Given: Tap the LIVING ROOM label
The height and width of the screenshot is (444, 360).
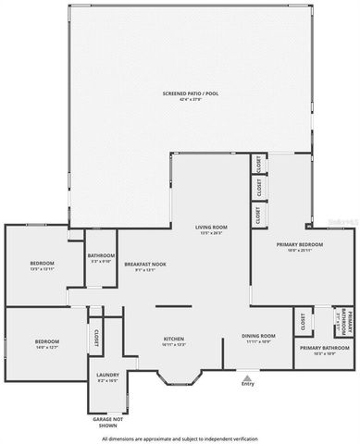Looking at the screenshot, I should [211, 227].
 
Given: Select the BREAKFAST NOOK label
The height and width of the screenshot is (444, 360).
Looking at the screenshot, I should [145, 265].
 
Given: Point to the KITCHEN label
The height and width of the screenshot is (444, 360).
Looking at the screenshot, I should [174, 339].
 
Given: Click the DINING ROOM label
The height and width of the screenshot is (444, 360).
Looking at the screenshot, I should [259, 336].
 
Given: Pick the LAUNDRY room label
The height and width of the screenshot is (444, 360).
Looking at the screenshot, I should [107, 375].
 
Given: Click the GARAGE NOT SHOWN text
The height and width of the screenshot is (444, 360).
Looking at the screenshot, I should [108, 420].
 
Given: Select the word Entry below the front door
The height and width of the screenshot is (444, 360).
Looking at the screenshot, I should [247, 384].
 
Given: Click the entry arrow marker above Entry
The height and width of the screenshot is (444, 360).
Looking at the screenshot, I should [247, 376].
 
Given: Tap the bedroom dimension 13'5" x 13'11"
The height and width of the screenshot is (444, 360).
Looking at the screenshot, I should [43, 269].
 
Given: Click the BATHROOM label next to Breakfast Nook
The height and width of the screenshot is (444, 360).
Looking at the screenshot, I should [101, 255].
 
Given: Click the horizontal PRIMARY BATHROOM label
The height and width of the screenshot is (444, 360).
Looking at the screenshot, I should [324, 348].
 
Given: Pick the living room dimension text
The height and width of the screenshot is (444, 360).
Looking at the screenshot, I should [211, 232].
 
